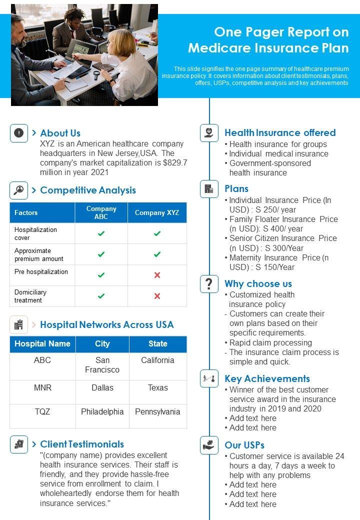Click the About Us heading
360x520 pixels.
pos(60,133)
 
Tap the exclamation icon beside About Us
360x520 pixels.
pos(19,133)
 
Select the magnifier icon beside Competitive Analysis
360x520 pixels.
pos(19,190)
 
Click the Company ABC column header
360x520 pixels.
pos(101,212)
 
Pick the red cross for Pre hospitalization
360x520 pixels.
pos(157,275)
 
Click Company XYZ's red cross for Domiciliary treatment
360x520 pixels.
pos(157,296)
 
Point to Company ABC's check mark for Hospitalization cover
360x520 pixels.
pos(101,233)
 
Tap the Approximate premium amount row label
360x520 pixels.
pos(39,254)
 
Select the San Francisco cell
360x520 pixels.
pos(102,365)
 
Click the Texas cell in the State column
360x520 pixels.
pos(157,387)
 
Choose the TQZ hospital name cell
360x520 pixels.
pos(42,411)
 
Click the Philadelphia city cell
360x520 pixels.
pos(102,411)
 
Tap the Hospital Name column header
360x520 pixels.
pos(42,343)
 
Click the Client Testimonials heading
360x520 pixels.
pos(82,444)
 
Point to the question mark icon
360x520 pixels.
pos(209,283)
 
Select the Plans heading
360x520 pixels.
pos(236,188)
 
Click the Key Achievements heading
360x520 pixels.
pos(267,378)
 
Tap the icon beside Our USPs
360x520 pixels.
pos(209,445)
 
